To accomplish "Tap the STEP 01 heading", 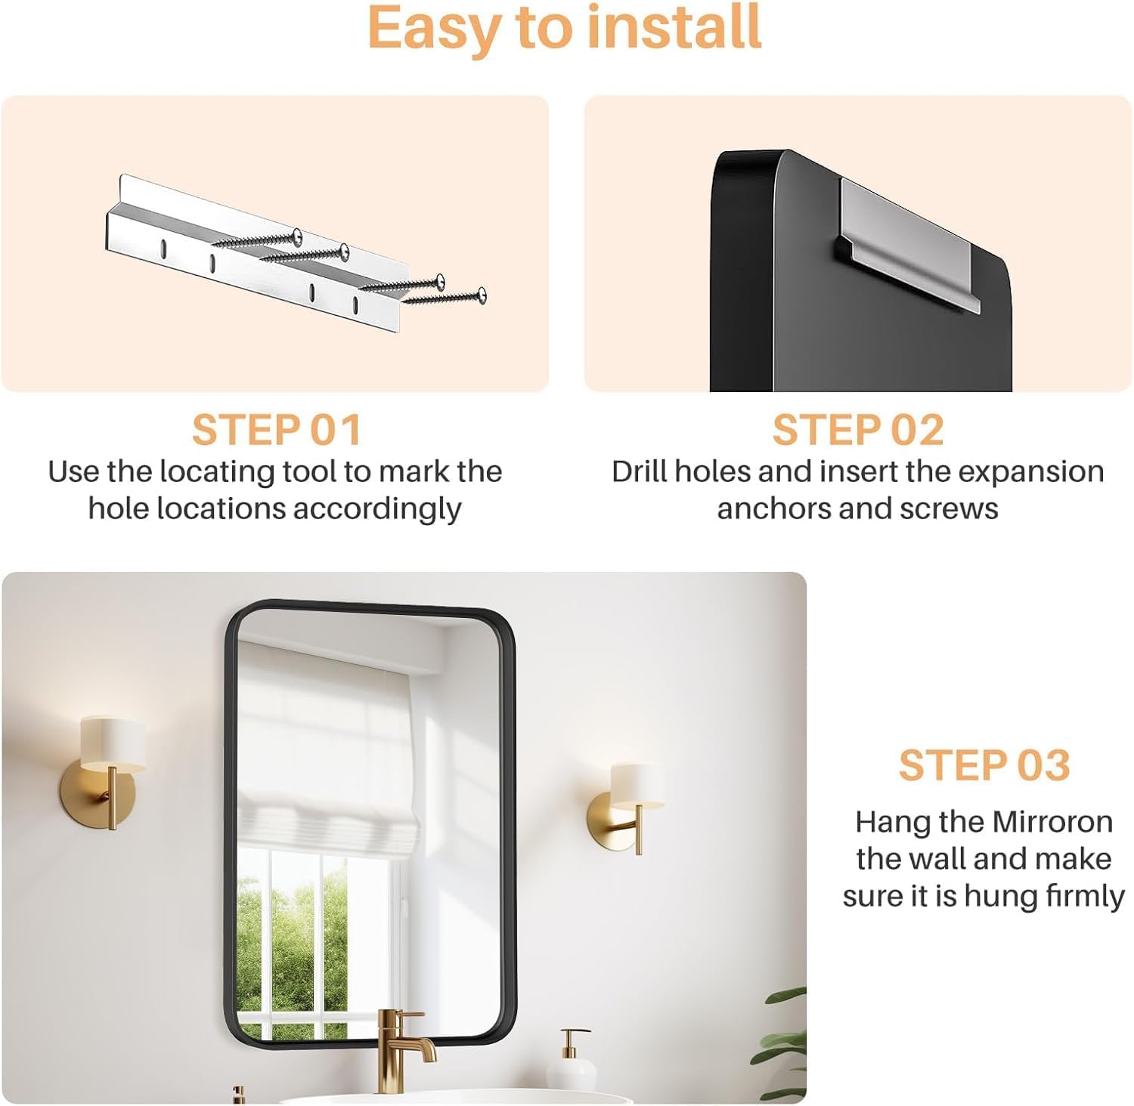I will [277, 430].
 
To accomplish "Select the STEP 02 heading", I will [858, 430].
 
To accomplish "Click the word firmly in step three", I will [1086, 897].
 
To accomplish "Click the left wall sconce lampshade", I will [113, 744].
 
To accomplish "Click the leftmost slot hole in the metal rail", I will [163, 246].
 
